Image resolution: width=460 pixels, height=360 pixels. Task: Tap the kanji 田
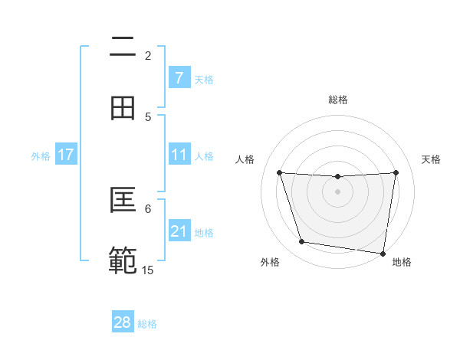(123, 108)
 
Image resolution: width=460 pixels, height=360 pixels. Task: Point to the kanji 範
(123, 260)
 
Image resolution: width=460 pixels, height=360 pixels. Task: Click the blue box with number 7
(179, 77)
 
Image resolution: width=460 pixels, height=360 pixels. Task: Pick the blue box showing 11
(179, 155)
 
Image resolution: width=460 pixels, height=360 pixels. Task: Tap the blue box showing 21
(179, 231)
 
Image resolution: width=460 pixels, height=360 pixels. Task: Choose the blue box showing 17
(65, 155)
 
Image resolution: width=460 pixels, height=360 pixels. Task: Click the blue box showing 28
(123, 322)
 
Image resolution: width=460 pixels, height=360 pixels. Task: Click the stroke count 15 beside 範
(148, 270)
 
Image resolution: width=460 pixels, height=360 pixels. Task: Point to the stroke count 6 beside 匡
(148, 208)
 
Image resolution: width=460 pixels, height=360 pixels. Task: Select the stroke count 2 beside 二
(148, 55)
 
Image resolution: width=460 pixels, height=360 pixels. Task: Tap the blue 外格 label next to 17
(41, 155)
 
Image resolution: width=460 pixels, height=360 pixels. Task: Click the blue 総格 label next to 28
(147, 323)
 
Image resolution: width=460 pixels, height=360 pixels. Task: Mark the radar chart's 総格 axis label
(337, 100)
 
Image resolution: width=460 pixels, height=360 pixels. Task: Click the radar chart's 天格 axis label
(431, 159)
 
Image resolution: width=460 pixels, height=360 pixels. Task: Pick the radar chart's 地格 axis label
(402, 262)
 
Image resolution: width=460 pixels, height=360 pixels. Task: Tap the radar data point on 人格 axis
(279, 173)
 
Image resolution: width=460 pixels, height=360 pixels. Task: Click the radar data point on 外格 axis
(302, 242)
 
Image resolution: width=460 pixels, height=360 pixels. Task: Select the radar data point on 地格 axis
(383, 254)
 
